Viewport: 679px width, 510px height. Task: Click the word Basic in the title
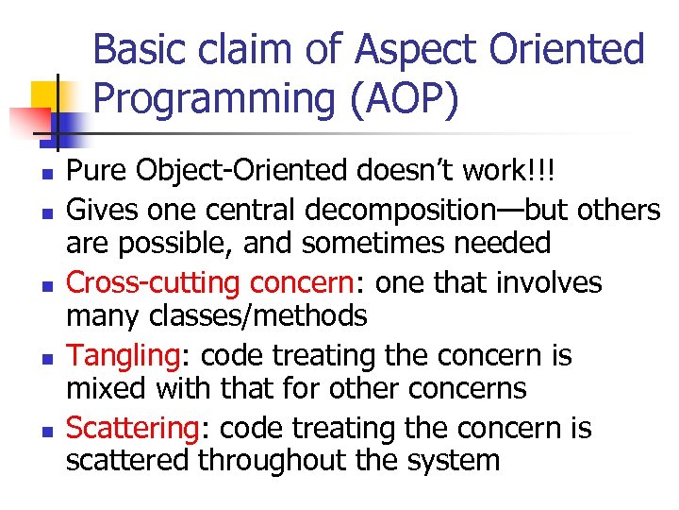(139, 49)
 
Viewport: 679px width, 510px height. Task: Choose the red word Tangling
(120, 355)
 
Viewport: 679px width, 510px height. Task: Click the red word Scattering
(130, 428)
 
